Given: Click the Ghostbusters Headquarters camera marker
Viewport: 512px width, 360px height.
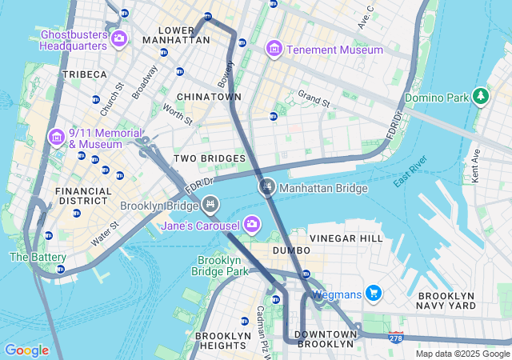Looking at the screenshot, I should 120,38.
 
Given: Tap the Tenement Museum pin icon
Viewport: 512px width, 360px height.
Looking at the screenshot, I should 274,50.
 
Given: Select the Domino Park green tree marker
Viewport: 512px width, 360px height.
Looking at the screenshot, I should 481,97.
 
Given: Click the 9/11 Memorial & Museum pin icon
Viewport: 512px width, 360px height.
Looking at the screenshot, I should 57,138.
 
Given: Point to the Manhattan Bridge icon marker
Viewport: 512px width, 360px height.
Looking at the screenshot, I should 267,187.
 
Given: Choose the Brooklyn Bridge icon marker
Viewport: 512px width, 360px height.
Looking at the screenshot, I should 210,206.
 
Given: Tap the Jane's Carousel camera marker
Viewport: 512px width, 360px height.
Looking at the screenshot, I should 253,223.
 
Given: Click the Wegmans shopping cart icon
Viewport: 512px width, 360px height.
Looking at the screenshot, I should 373,294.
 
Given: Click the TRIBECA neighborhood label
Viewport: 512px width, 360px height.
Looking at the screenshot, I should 85,74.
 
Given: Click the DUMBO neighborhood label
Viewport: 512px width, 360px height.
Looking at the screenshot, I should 291,250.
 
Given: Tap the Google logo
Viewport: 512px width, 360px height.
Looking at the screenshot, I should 27,350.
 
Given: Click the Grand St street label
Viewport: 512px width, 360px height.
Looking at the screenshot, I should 314,99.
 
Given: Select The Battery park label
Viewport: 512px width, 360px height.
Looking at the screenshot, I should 38,257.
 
